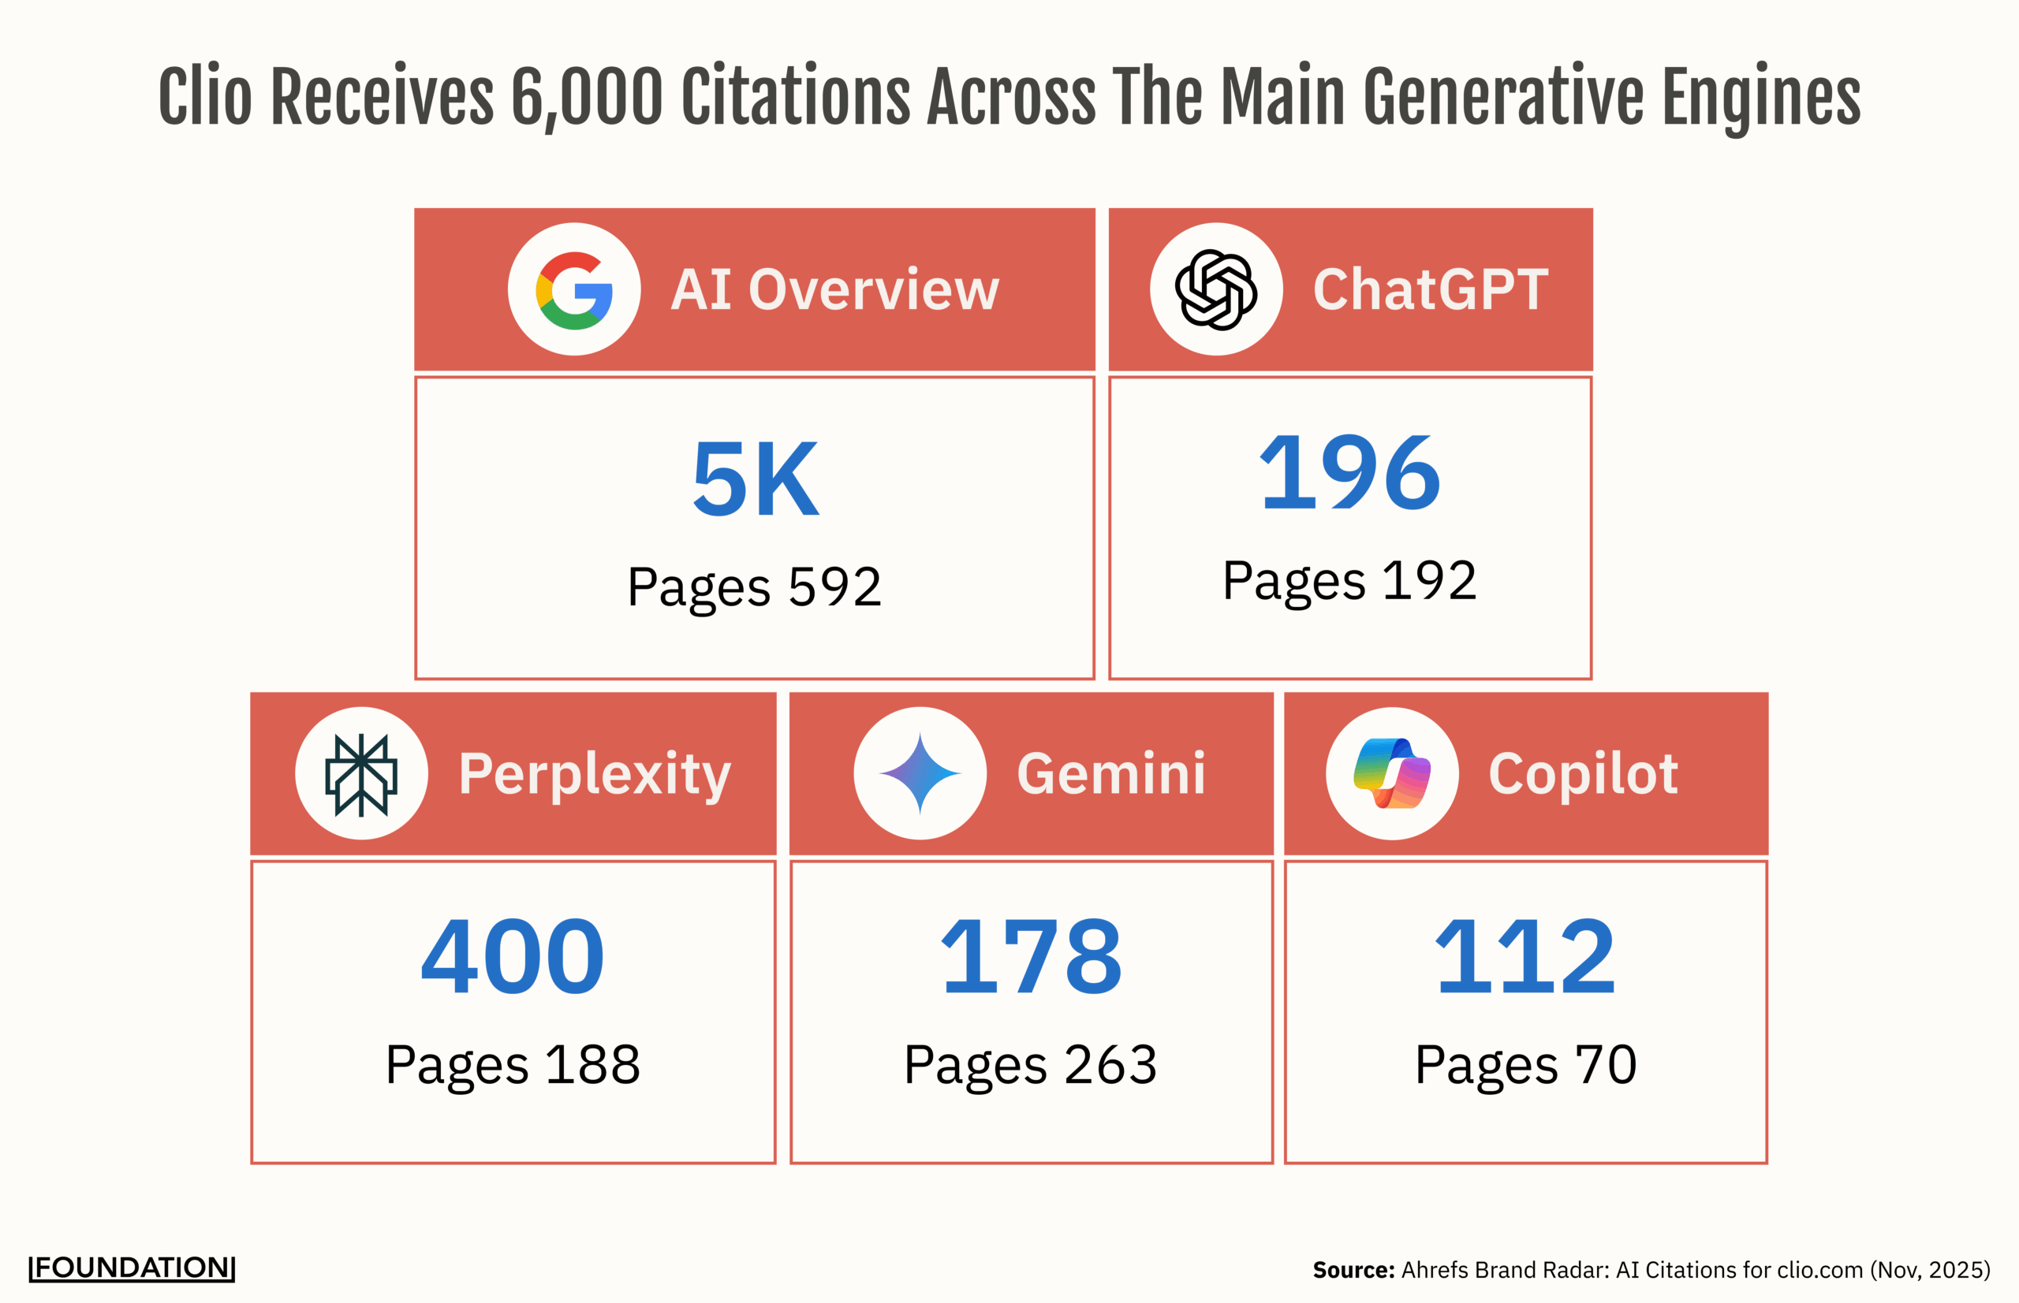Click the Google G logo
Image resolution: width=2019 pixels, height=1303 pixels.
pyautogui.click(x=574, y=289)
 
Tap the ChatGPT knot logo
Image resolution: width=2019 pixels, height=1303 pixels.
pyautogui.click(x=1215, y=289)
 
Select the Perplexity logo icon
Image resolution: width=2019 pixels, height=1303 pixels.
pyautogui.click(x=361, y=773)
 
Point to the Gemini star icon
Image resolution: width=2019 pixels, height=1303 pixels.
pyautogui.click(x=920, y=773)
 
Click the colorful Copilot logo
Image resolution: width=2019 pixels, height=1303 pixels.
pyautogui.click(x=1392, y=773)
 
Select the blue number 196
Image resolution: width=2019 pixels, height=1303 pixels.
pyautogui.click(x=1349, y=472)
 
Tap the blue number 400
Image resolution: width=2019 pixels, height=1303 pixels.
pyautogui.click(x=513, y=957)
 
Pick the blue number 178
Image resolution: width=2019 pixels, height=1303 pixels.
pyautogui.click(x=1031, y=957)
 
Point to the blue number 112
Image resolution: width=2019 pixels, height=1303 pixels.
pyautogui.click(x=1525, y=957)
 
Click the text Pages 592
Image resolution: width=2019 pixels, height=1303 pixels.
pyautogui.click(x=754, y=586)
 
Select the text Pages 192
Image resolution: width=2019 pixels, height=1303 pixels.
pyautogui.click(x=1349, y=580)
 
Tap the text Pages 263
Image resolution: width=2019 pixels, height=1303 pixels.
pyautogui.click(x=1030, y=1064)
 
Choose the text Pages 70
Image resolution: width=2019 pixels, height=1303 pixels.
pyautogui.click(x=1525, y=1064)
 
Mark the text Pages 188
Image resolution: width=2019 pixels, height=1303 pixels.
pyautogui.click(x=513, y=1064)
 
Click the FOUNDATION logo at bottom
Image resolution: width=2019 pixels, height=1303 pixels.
pyautogui.click(x=132, y=1268)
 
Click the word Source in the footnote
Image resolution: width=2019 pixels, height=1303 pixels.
pyautogui.click(x=1353, y=1270)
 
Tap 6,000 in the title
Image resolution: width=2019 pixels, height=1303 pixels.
pyautogui.click(x=587, y=97)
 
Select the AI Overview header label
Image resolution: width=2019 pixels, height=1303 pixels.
pyautogui.click(x=834, y=289)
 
